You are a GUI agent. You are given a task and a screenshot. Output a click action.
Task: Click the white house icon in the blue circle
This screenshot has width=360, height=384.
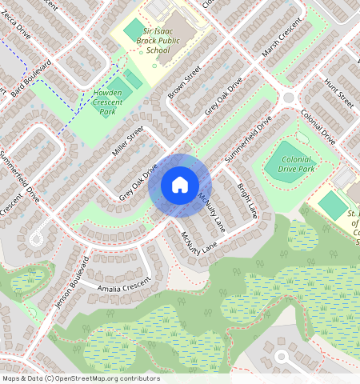click(180, 186)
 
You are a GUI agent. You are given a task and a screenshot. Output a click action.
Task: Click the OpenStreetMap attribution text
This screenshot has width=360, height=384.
click(81, 378)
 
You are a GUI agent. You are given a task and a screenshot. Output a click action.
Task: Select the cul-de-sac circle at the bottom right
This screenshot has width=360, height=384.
click(282, 357)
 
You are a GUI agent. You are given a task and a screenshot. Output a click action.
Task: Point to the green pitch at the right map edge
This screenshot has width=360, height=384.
click(331, 204)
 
